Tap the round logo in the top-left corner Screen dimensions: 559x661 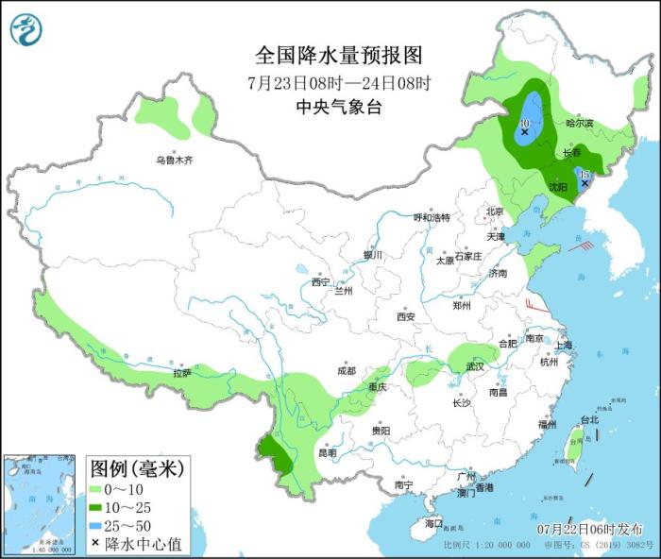tap(26, 30)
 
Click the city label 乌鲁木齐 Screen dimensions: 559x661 tap(175, 161)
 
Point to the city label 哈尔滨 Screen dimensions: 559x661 tap(579, 124)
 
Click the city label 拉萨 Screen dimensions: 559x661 tap(182, 373)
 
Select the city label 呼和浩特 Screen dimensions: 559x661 tap(432, 217)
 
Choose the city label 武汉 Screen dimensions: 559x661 tap(473, 365)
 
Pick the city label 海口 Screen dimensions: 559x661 tap(432, 522)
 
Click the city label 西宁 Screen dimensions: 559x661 tap(320, 281)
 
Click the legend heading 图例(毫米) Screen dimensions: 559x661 tap(137, 468)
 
